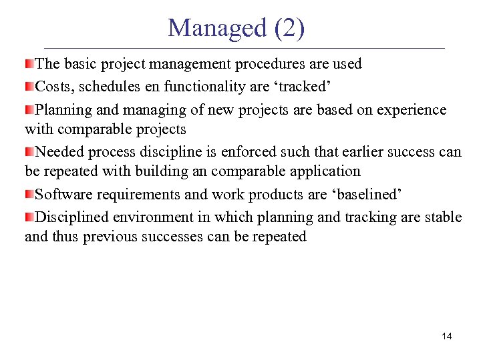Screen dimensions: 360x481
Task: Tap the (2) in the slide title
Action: tap(289, 28)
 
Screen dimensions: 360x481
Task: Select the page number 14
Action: tap(447, 336)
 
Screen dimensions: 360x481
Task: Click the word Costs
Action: tap(55, 87)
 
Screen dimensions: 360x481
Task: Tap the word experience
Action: tap(413, 109)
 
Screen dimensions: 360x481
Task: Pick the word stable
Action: tap(443, 217)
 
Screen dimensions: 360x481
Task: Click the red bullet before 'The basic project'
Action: tap(29, 64)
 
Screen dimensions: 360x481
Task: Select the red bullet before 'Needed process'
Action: tap(29, 151)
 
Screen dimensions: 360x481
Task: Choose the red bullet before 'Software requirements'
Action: tap(29, 195)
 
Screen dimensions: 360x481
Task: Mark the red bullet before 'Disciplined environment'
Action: tap(29, 217)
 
